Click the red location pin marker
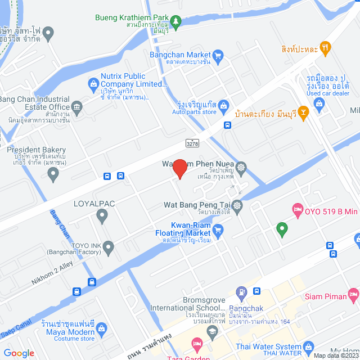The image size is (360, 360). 179,169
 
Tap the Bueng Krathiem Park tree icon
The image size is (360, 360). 176,21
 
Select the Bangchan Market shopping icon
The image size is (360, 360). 218,55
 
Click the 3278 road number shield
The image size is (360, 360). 192,144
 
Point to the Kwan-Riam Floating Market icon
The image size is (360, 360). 218,229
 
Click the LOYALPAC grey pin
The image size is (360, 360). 102,214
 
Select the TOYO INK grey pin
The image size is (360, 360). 109,246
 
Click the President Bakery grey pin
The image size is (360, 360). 53,174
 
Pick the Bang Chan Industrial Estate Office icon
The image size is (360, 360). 77,107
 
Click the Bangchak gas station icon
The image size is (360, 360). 241,292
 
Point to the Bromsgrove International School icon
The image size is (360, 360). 211,332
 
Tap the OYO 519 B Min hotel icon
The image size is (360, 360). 297,211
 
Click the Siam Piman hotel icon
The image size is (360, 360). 353,294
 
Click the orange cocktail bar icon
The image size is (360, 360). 304,114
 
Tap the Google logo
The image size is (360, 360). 19,353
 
